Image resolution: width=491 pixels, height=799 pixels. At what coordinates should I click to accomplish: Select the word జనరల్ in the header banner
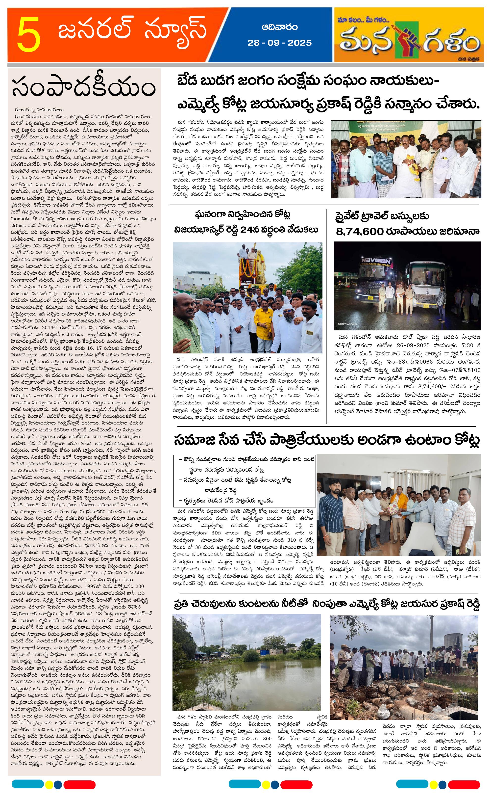click(x=95, y=31)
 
